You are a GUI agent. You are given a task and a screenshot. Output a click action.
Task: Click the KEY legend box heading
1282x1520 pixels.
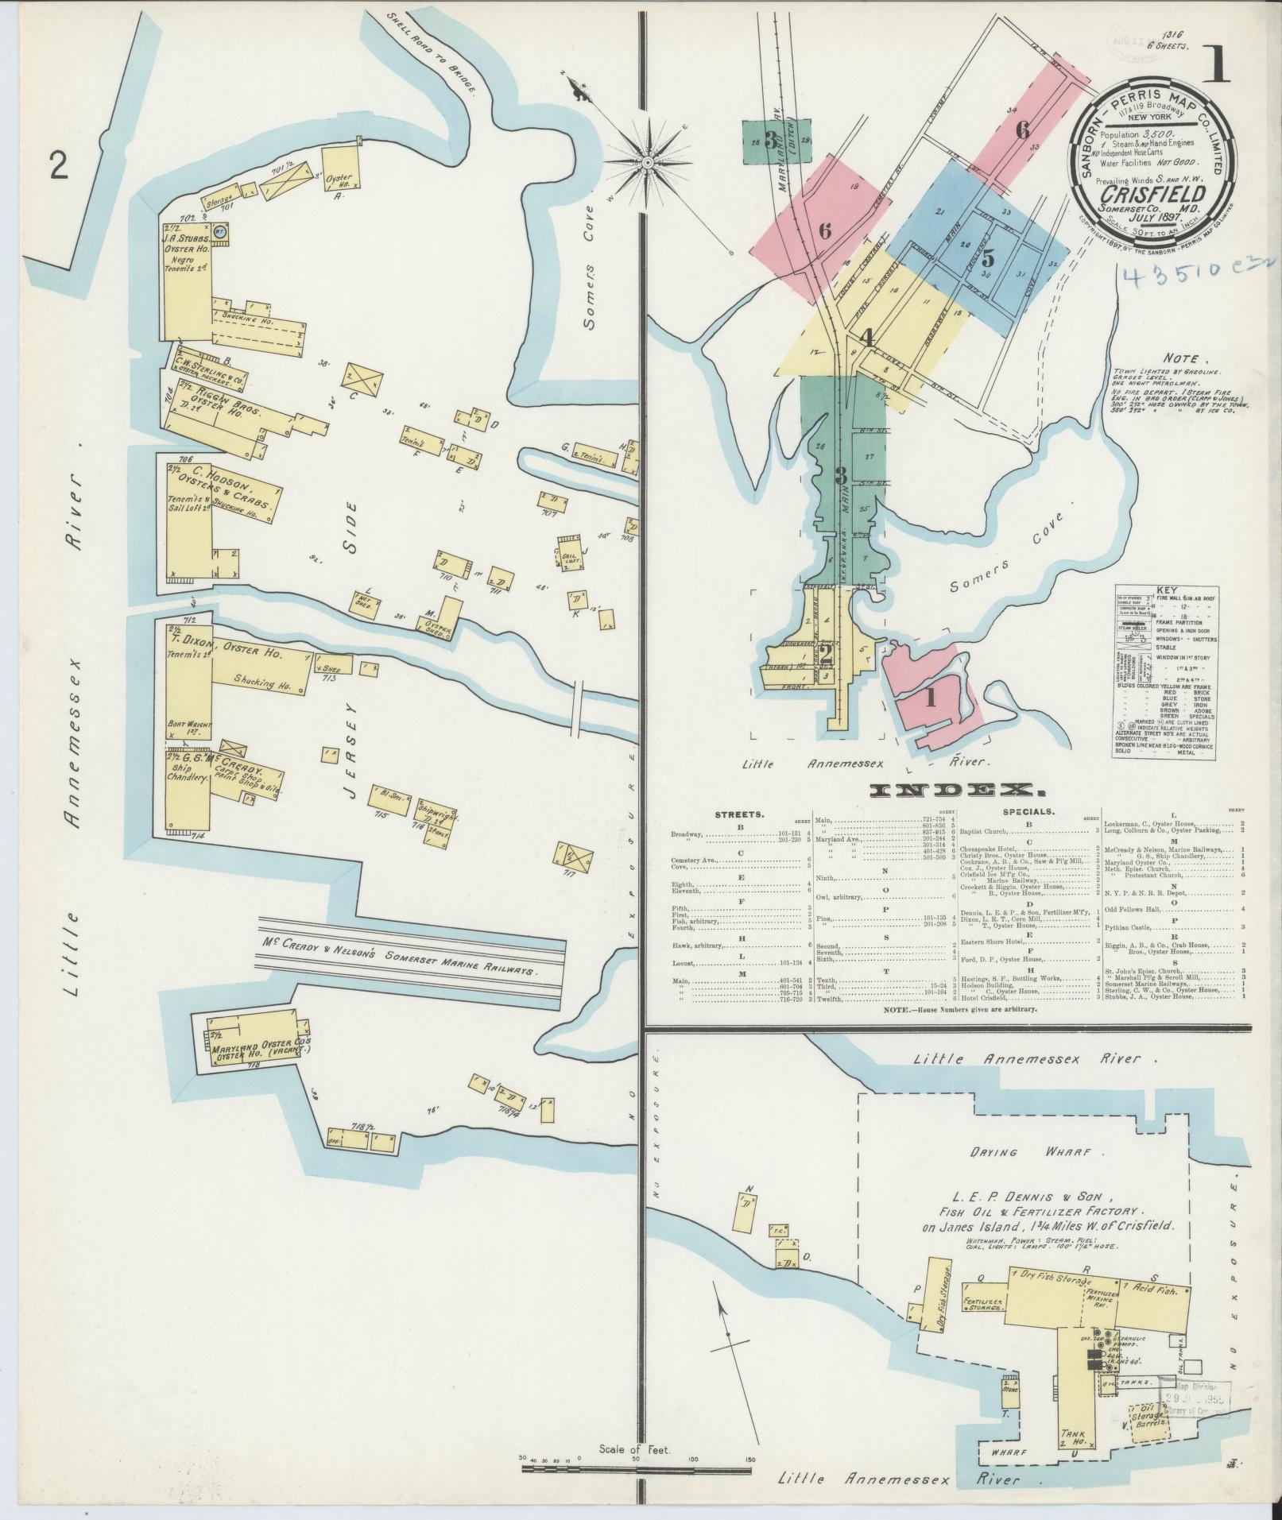click(x=1167, y=592)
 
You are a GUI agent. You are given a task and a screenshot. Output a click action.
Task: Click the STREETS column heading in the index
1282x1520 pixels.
click(x=740, y=814)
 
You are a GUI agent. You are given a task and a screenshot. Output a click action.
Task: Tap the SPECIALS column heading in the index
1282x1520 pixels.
click(x=1028, y=812)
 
